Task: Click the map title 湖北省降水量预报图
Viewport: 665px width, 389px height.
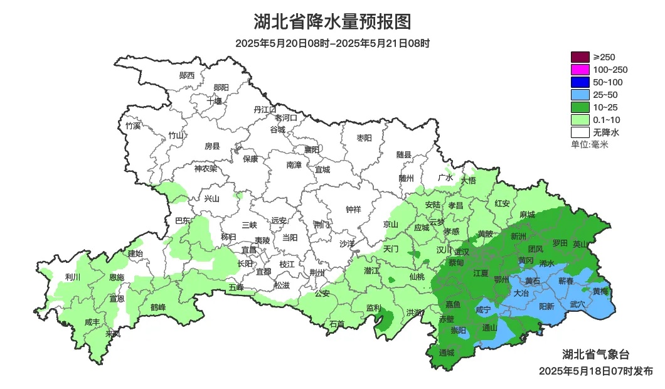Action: coord(332,22)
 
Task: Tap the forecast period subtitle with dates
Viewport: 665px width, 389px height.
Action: coord(332,44)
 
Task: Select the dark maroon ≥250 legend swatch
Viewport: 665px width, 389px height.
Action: coord(580,57)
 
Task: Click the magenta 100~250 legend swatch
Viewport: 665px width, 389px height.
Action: coord(580,70)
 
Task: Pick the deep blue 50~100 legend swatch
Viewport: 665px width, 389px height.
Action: coord(580,82)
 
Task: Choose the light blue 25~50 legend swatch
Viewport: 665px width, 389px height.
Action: coord(580,95)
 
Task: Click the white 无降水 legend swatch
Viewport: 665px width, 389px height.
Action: coord(580,132)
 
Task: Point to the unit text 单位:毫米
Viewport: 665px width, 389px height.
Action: coord(589,144)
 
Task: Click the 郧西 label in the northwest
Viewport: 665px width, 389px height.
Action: coord(187,75)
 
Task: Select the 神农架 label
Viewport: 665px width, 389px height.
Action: coord(205,168)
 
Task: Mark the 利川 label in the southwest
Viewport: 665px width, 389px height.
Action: coord(73,277)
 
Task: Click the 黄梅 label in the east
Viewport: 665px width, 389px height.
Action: coord(600,291)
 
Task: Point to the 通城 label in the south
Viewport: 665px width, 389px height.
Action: coord(447,353)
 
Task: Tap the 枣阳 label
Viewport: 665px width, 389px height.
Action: coord(364,137)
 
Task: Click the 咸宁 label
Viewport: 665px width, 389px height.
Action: coord(484,309)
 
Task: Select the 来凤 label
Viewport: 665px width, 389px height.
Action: coord(114,333)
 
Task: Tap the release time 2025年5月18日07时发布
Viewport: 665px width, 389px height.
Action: coord(595,371)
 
